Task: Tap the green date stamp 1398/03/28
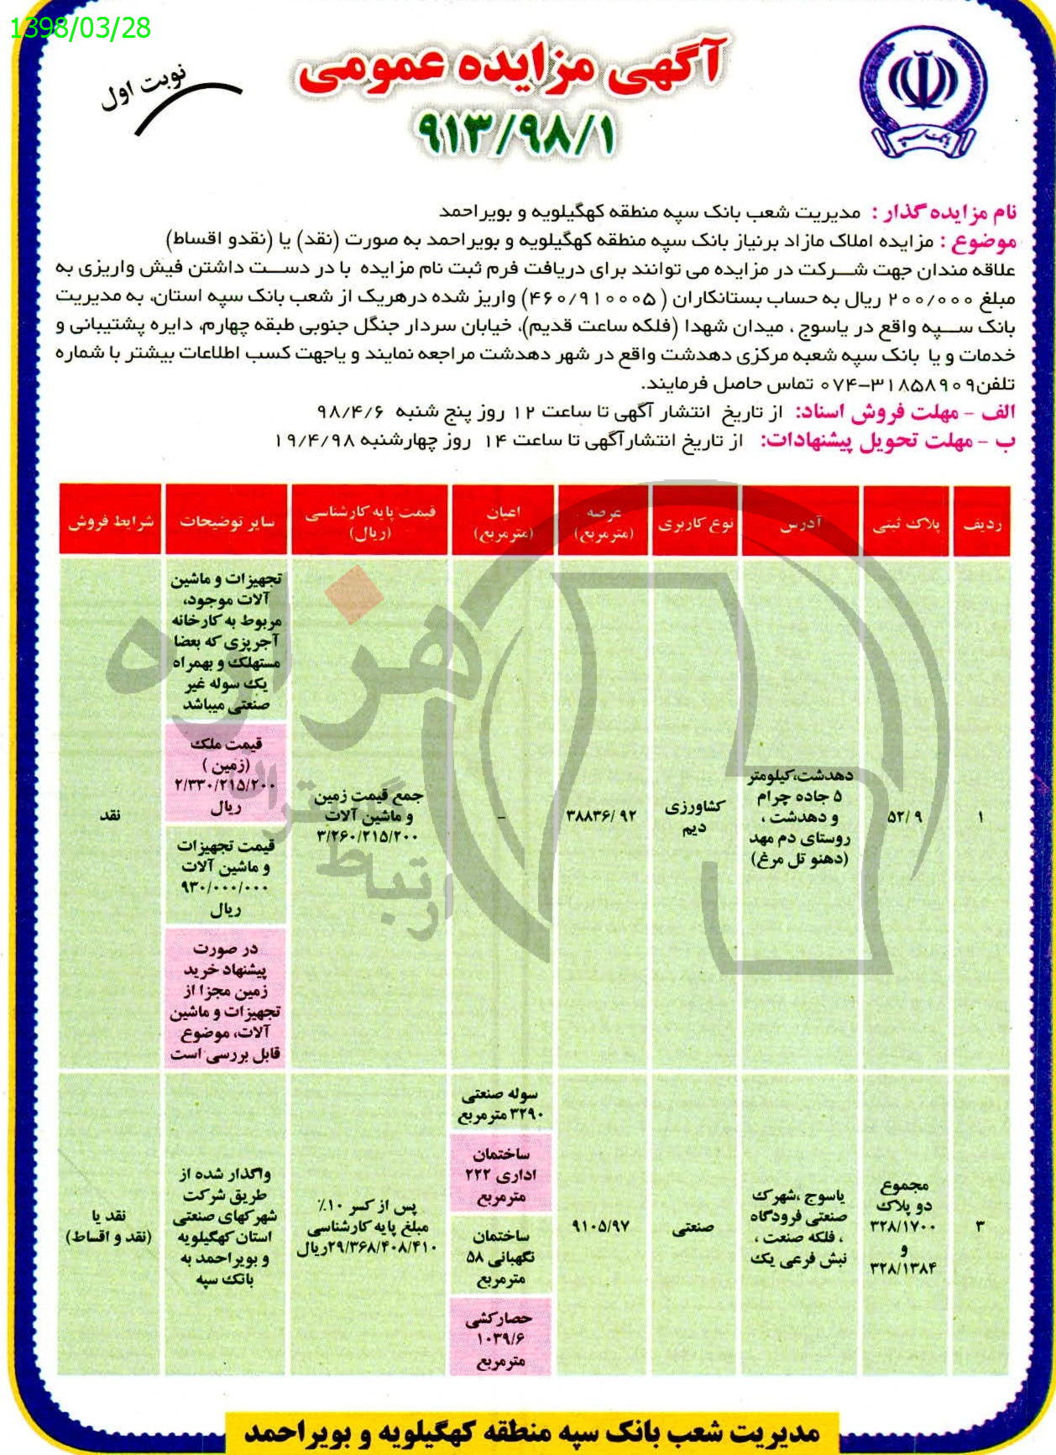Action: tap(81, 29)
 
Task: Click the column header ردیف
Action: tap(981, 523)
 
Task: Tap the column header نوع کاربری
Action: tap(695, 523)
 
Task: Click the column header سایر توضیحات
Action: tap(226, 521)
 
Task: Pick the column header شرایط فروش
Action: tap(111, 521)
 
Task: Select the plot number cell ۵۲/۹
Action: tap(904, 816)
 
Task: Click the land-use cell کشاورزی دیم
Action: tap(694, 816)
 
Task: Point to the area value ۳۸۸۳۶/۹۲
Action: tap(602, 815)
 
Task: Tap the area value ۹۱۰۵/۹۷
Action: tap(601, 1227)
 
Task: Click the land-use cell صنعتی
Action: tap(693, 1227)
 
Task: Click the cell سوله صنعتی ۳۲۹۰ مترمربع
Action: tap(501, 1104)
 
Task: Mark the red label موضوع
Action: tap(983, 243)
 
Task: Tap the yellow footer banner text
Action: tap(531, 1431)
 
